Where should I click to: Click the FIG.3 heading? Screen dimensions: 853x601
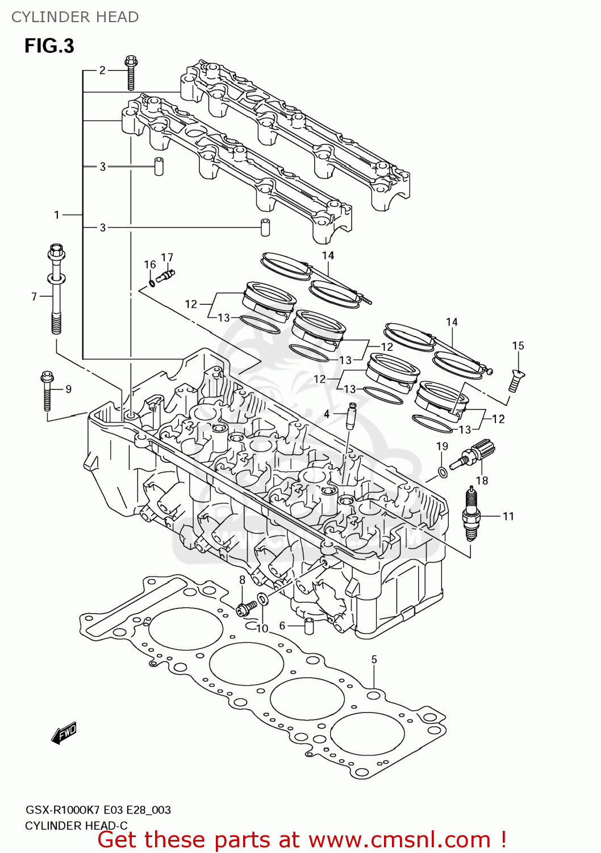click(49, 45)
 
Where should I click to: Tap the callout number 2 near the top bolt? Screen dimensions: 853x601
click(102, 71)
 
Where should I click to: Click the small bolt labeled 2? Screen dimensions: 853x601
click(131, 73)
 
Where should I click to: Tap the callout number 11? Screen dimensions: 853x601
click(508, 516)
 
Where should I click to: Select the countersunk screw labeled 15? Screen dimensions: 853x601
click(516, 380)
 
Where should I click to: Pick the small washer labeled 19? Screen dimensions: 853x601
click(442, 471)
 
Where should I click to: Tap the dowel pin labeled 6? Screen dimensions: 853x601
click(310, 626)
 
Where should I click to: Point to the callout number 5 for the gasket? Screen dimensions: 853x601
click(374, 660)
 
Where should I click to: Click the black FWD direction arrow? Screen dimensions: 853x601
click(64, 734)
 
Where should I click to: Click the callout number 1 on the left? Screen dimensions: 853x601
click(57, 215)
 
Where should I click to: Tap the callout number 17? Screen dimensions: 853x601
click(166, 258)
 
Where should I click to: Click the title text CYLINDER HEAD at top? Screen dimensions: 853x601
click(75, 17)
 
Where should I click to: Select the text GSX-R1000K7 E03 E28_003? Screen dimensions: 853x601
click(98, 810)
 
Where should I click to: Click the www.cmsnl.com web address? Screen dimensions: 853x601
click(399, 840)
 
